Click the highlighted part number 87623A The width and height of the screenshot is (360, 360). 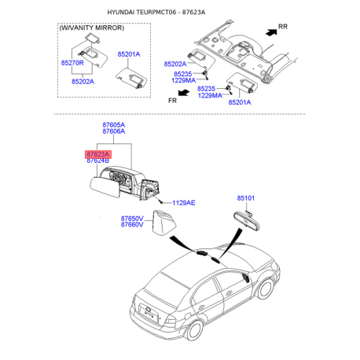coord(98,154)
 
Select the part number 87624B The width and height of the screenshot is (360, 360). coord(98,160)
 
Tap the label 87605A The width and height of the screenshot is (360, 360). coord(114,125)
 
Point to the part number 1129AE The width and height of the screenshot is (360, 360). coord(184,203)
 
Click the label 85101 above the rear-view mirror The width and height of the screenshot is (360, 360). coord(246,198)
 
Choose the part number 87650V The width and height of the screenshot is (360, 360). coord(132,219)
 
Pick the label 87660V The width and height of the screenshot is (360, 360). coord(132,225)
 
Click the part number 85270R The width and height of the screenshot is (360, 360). coord(72,63)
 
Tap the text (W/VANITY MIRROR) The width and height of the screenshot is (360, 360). coord(92,28)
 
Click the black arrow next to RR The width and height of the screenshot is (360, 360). coord(271,32)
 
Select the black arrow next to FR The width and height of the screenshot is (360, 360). coord(183,93)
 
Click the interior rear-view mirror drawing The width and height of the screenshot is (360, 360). coord(246,222)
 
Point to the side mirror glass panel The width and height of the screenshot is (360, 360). coord(104,187)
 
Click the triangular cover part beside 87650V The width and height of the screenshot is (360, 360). coord(164,222)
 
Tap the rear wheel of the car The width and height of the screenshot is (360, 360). coord(194,330)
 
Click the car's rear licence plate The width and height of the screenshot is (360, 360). coord(149,314)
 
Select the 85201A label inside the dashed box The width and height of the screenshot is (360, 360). coord(129,54)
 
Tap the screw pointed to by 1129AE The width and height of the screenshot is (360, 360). coord(160,202)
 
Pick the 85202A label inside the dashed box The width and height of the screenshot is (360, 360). coord(83,82)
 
